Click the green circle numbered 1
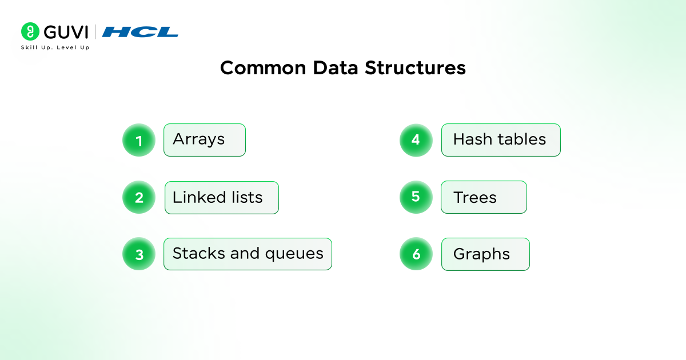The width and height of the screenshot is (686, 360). tap(139, 140)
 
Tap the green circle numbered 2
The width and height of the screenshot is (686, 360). tap(139, 197)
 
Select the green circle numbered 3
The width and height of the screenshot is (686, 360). tap(139, 254)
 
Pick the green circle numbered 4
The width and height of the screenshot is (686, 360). tap(416, 139)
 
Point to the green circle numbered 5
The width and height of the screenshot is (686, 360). tap(416, 197)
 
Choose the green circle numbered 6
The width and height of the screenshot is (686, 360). tap(416, 254)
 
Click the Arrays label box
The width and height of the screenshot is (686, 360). tap(204, 140)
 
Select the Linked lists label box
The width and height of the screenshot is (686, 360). tap(221, 198)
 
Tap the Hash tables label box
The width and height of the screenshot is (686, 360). tap(500, 140)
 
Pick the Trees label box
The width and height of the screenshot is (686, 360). tap(483, 197)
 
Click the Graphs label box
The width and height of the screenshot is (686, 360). tap(485, 254)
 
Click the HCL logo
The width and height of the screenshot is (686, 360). tap(140, 32)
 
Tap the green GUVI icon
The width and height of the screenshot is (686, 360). tap(30, 31)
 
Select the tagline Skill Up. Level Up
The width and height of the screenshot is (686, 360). tap(55, 47)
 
